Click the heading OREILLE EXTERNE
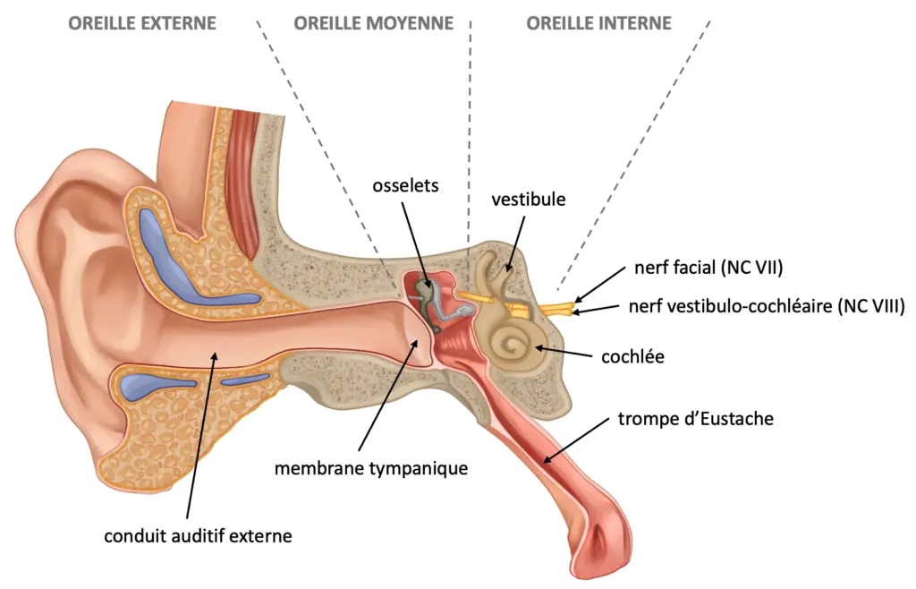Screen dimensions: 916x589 (x=142, y=23)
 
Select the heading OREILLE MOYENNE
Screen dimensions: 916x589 (x=373, y=23)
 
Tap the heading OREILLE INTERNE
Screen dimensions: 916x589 (x=598, y=23)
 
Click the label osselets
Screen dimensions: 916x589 (x=405, y=186)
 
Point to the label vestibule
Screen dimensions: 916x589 (x=528, y=200)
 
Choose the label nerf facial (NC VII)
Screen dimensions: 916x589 (x=708, y=268)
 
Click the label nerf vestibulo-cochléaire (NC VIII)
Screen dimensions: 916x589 (x=767, y=305)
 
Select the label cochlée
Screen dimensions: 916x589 (x=632, y=356)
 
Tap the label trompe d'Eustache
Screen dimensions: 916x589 (x=696, y=418)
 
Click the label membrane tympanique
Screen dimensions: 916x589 (x=371, y=468)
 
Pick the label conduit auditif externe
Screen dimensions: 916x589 (x=198, y=536)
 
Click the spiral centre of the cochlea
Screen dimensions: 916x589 (x=514, y=346)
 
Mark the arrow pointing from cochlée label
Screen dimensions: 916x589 (x=564, y=351)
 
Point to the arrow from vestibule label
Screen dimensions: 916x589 (x=515, y=243)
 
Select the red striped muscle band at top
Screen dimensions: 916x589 (x=244, y=181)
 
